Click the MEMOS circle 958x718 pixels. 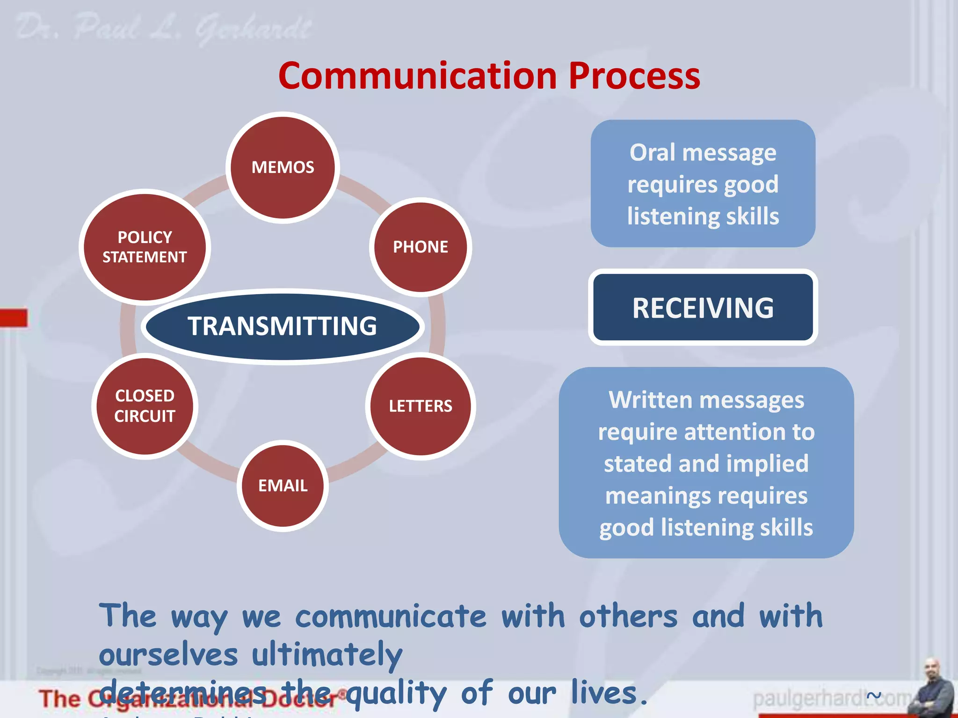click(x=283, y=167)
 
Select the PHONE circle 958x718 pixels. click(x=420, y=247)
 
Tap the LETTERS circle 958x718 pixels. click(x=420, y=406)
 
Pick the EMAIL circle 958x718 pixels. click(x=283, y=485)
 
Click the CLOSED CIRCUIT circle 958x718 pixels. click(x=145, y=406)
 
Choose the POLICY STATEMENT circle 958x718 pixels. click(x=145, y=247)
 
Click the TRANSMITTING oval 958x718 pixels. click(x=283, y=326)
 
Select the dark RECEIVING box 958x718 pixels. click(x=703, y=308)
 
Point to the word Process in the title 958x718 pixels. click(x=634, y=76)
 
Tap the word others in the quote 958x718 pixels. click(x=628, y=616)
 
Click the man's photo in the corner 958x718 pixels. click(x=934, y=687)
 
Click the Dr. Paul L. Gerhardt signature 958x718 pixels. click(x=164, y=28)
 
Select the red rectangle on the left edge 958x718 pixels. click(x=13, y=318)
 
